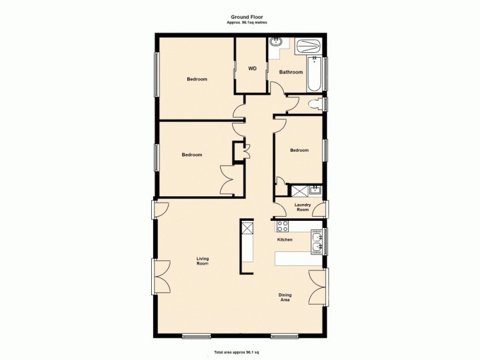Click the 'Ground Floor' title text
(x=247, y=17)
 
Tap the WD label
(x=253, y=68)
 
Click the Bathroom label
(x=291, y=72)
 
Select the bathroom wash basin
(x=277, y=42)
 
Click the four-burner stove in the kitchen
(x=282, y=227)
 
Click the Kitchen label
(x=284, y=240)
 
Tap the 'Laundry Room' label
(x=302, y=207)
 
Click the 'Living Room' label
(x=203, y=261)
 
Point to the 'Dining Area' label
(x=285, y=297)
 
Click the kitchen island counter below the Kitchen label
(x=297, y=259)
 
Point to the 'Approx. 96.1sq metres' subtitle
(x=247, y=22)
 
